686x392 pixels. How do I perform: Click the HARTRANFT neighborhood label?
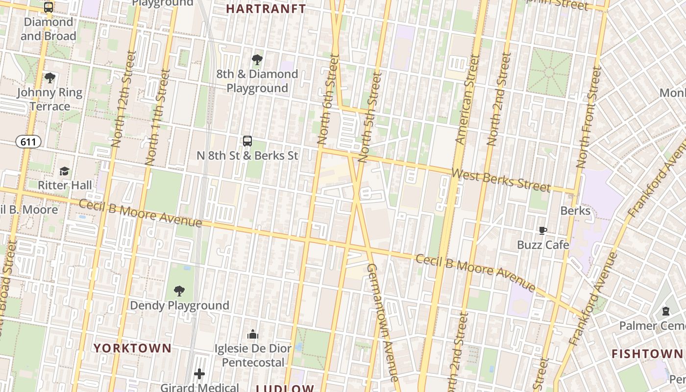point(266,9)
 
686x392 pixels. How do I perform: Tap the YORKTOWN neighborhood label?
point(132,348)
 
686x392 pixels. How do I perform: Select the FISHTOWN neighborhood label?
point(647,354)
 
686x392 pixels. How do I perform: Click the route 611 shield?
point(28,142)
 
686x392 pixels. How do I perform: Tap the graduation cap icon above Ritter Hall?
point(64,171)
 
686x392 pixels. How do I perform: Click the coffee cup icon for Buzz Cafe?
point(543,230)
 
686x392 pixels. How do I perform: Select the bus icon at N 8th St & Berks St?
point(247,141)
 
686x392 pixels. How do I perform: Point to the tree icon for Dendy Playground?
point(179,291)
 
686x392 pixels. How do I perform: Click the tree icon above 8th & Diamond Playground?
point(257,60)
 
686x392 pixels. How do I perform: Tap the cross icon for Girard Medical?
point(199,374)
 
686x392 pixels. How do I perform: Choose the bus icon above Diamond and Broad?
point(49,7)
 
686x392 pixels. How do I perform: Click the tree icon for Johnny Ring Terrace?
point(49,78)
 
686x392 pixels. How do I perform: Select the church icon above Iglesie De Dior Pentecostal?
point(253,334)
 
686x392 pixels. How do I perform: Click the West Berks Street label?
point(500,180)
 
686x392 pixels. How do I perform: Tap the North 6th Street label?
point(328,99)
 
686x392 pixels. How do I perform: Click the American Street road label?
point(468,100)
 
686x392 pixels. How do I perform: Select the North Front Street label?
point(588,118)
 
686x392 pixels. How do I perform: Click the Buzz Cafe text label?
point(543,245)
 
